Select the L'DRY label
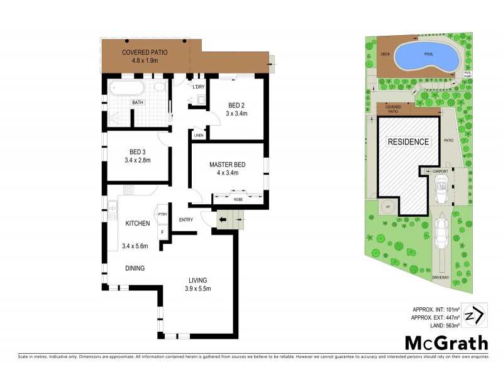tap(199, 87)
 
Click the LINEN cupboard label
tap(199, 135)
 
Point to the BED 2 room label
tap(236, 105)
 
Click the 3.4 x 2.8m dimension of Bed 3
tap(138, 160)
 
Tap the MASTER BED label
tap(228, 165)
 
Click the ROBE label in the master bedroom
tap(238, 199)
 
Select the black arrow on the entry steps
tap(223, 220)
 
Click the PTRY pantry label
tap(162, 214)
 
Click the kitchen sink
tap(113, 204)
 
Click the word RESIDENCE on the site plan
tap(407, 141)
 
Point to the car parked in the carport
tap(441, 189)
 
